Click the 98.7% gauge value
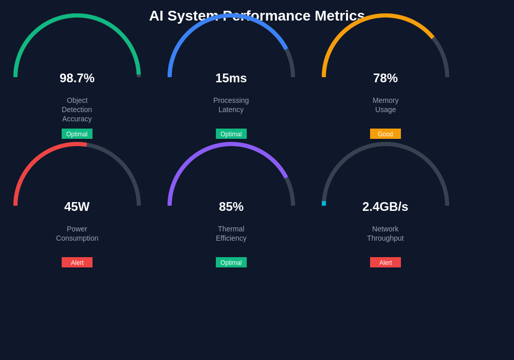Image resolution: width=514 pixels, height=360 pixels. [x=77, y=78]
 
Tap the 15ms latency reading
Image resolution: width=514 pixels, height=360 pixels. [x=231, y=78]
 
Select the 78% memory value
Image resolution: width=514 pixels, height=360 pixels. [x=385, y=78]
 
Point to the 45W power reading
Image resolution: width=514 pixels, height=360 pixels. [x=77, y=207]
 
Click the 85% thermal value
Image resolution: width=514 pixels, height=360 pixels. [x=231, y=207]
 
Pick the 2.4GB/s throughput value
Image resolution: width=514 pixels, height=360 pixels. [x=385, y=207]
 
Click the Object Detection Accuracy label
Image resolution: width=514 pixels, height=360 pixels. [x=77, y=110]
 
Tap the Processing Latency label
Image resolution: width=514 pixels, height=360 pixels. [x=231, y=105]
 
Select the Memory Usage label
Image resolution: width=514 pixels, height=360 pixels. [x=385, y=105]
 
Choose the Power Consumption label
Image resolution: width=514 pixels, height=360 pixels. [x=77, y=233]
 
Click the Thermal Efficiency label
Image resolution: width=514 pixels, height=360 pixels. [x=231, y=233]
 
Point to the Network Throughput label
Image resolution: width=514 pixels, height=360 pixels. [x=385, y=233]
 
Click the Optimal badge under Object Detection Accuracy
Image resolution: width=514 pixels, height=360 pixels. [x=77, y=134]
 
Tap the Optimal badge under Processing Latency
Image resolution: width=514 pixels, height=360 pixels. [x=231, y=134]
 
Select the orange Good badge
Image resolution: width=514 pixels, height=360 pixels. [x=385, y=134]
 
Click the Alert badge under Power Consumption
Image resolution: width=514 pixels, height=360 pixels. [x=77, y=262]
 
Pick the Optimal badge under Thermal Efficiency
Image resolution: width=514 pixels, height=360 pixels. [x=231, y=262]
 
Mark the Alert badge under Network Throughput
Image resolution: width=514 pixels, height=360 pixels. [x=385, y=262]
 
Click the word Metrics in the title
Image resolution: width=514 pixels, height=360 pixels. [x=340, y=16]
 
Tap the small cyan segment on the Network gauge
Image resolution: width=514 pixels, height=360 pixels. [x=324, y=203]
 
